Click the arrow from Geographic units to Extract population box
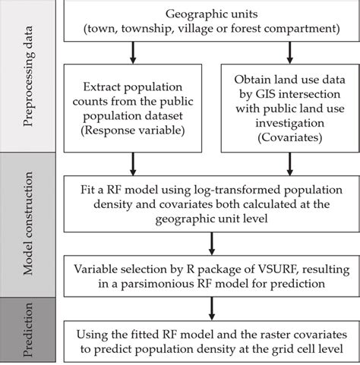click(x=134, y=52)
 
